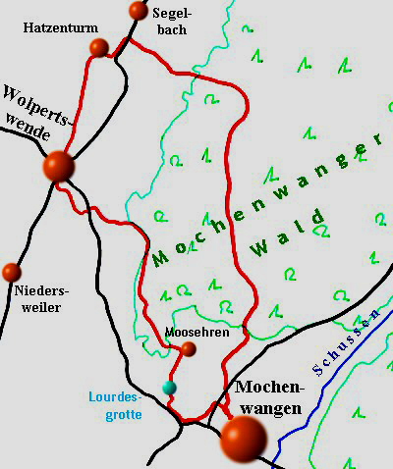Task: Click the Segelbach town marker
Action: [138, 11]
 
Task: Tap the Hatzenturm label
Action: [55, 29]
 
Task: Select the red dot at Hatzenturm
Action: [98, 47]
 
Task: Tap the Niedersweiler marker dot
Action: [12, 271]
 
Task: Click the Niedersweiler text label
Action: [37, 299]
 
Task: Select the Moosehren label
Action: [197, 333]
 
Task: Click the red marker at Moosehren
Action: [189, 348]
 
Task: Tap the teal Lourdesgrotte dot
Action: [169, 388]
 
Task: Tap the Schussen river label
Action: [345, 345]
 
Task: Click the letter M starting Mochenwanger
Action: [159, 258]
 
